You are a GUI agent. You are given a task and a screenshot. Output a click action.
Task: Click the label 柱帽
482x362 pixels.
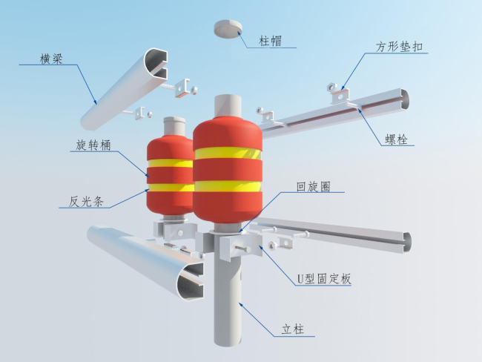270,41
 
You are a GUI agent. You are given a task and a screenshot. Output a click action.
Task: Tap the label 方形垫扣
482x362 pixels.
399,47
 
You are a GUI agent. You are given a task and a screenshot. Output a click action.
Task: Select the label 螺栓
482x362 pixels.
397,139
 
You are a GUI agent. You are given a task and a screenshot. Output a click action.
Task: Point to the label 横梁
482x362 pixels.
51,59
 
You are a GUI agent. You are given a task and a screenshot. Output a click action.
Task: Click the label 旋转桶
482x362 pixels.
93,145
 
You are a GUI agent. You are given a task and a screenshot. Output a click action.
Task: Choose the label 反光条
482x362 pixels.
86,202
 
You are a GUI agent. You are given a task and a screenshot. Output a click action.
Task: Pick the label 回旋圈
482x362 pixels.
313,187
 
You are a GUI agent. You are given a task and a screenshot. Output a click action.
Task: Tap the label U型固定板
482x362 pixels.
324,279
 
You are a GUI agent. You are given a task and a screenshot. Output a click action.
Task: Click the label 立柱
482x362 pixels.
293,329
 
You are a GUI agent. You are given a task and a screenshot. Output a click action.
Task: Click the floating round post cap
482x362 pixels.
228,29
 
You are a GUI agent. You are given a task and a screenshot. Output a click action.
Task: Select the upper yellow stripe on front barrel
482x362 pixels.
228,153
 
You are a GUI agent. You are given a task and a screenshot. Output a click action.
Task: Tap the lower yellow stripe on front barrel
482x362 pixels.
228,186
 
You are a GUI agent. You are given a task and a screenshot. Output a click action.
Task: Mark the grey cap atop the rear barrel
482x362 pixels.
174,126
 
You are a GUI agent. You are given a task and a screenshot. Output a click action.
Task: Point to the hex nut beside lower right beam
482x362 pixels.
272,245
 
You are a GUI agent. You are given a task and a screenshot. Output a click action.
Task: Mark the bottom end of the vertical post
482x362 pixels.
228,342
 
